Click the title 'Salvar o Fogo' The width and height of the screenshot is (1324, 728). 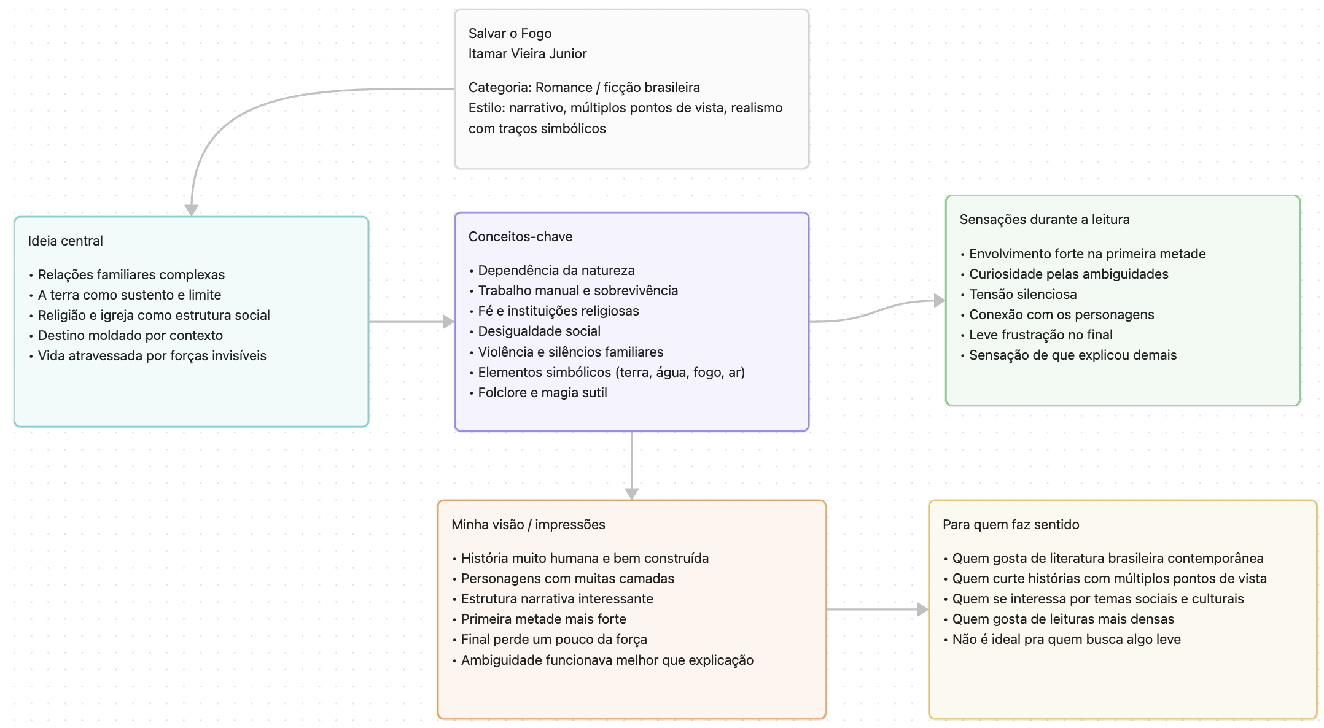tap(510, 33)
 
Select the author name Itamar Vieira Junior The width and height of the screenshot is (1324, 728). tap(528, 53)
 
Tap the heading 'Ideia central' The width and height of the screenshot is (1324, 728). tap(65, 241)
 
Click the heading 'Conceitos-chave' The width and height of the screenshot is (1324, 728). tap(520, 236)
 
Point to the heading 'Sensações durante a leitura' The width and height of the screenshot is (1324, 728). tap(1045, 219)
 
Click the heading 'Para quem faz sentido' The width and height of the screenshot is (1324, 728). tap(1011, 524)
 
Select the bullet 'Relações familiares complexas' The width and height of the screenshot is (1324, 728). tap(131, 274)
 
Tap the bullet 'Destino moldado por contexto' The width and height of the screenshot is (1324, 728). tap(130, 335)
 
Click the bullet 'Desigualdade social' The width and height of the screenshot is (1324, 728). tap(539, 331)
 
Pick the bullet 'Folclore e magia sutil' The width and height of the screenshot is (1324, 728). tap(542, 392)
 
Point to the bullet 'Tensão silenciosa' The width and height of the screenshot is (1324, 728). tap(1022, 294)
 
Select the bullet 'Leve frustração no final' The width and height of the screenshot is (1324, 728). tap(1040, 335)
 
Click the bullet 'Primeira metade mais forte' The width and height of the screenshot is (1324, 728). tap(543, 619)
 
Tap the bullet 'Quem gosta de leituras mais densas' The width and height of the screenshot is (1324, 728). tap(1063, 619)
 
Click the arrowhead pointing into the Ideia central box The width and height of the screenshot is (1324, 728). tap(192, 211)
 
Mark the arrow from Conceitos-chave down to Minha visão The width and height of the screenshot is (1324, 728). tap(632, 466)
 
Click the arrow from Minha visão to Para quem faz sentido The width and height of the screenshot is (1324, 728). tap(878, 610)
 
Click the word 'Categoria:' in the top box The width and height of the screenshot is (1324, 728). tap(500, 87)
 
